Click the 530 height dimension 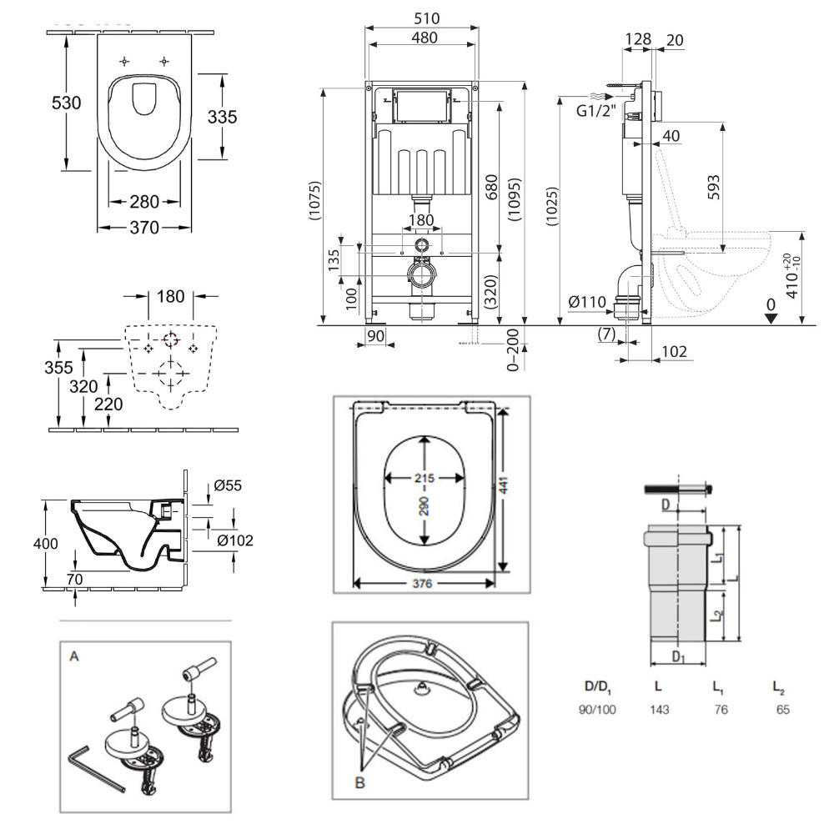pos(66,103)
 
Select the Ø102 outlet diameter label pos(234,540)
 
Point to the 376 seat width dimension pos(423,584)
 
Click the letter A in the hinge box pos(74,657)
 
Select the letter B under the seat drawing pos(359,783)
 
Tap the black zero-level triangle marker pos(771,316)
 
